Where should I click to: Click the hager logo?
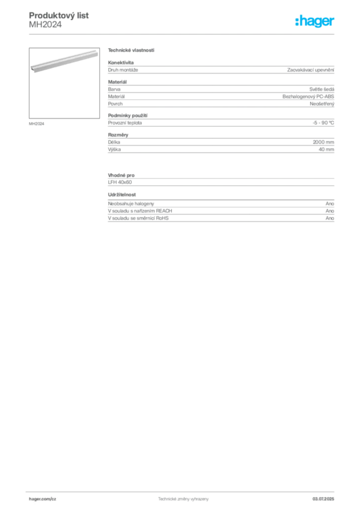coord(315,21)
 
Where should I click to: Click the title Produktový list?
coord(59,15)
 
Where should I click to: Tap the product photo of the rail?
coord(64,61)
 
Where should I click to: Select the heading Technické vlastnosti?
coord(131,50)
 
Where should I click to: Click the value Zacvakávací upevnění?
coord(311,70)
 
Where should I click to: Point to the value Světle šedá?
coord(322,89)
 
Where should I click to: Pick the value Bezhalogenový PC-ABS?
coord(308,96)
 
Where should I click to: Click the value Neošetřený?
coord(322,104)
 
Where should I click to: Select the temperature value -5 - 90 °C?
coord(323,123)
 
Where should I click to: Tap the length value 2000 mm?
coord(323,142)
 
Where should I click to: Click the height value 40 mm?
coord(326,149)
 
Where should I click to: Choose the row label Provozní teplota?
coord(125,123)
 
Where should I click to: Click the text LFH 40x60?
coord(120,182)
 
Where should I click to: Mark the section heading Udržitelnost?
coord(122,194)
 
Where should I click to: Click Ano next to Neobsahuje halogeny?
coord(330,203)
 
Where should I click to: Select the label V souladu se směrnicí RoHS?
coord(138,218)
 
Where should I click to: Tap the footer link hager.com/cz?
coord(43,499)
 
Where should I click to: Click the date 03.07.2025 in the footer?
coord(323,499)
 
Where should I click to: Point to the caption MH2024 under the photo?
coord(36,124)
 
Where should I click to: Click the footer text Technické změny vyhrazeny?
coord(183,499)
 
